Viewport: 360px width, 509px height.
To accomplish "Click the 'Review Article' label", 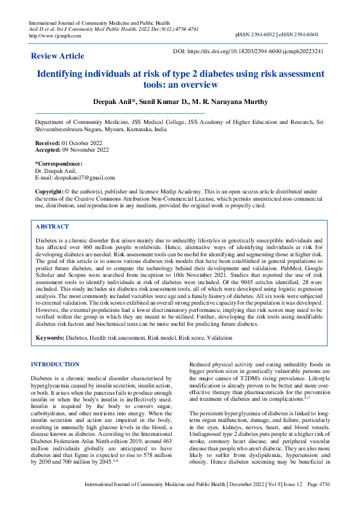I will pos(57,56).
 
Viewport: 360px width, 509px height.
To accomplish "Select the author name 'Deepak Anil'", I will pos(116,102).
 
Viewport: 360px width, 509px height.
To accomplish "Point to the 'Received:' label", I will pos(48,143).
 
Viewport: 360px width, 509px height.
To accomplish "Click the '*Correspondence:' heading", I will pos(59,164).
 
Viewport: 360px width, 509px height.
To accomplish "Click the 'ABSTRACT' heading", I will pos(52,226).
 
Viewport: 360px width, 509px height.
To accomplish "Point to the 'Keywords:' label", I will pos(52,336).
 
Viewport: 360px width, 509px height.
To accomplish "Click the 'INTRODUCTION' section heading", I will pos(54,365).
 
